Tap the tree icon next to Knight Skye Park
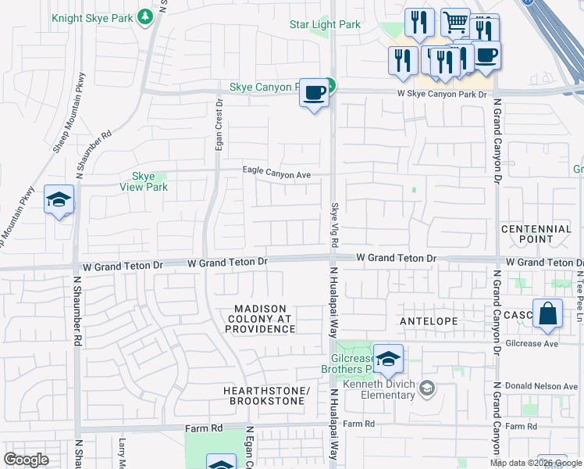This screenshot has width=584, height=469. tap(144, 16)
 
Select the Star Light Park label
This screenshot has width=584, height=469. tap(325, 24)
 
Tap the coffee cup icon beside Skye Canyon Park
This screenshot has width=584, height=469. tap(314, 92)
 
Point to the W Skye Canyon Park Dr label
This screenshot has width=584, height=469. tap(442, 94)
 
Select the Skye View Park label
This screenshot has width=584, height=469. tap(144, 182)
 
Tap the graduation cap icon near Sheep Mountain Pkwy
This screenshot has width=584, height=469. tap(59, 200)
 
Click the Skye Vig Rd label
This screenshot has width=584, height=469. tap(333, 222)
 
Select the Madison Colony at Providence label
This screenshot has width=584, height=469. tap(261, 319)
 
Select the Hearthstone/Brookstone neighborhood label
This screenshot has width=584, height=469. tap(266, 396)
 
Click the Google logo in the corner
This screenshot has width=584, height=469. tap(27, 460)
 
